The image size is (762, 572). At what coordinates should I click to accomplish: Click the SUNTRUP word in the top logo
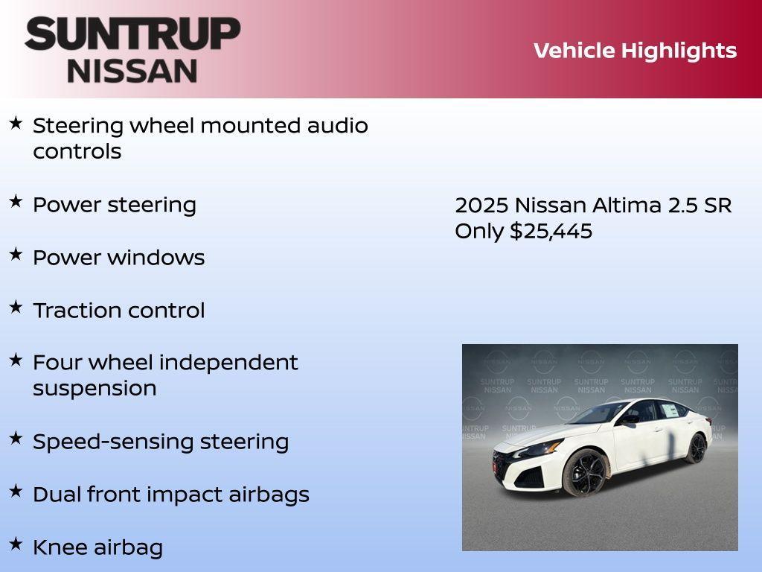coord(132,34)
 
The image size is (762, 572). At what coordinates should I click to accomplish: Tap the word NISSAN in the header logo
coord(132,71)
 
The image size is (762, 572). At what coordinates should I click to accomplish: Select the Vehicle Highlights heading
coord(635,51)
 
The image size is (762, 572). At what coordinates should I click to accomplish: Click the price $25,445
coord(551,231)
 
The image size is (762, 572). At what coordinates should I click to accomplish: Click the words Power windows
coord(118,258)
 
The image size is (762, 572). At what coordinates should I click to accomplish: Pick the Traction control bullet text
coord(118,311)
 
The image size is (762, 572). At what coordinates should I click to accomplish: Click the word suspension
coord(95,389)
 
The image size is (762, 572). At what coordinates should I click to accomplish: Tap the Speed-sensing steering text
coord(160,442)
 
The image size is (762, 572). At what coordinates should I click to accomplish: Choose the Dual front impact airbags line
coord(170,495)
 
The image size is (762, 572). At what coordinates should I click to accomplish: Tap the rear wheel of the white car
coord(697,448)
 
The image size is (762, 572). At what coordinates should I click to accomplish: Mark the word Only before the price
coord(479,231)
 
